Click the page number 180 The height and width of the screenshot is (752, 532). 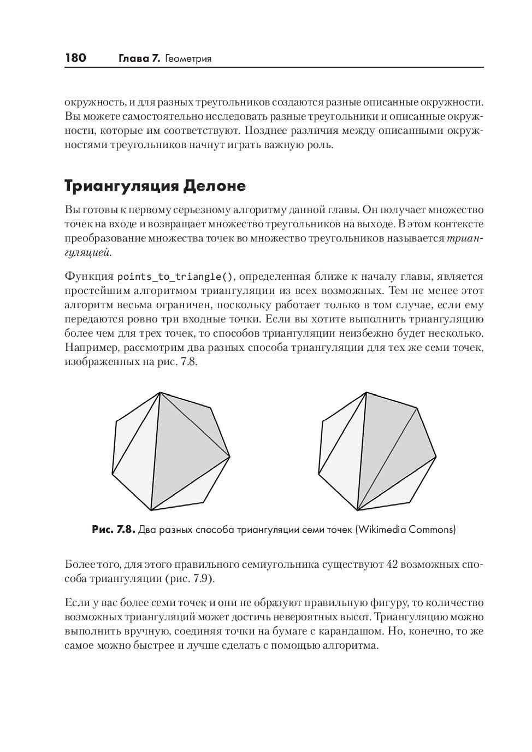pos(75,58)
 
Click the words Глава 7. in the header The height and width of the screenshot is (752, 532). pos(139,58)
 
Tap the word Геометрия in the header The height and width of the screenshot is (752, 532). pos(188,58)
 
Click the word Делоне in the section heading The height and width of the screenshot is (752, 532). pos(214,186)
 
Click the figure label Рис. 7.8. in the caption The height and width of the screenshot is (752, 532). pos(113,529)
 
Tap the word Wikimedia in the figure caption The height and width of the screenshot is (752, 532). pos(382,529)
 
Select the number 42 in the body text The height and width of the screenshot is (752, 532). pos(392,564)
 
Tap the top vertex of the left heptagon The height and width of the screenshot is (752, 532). pos(160,392)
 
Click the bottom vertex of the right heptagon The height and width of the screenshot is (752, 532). pos(357,510)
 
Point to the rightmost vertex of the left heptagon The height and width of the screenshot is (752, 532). pos(230,456)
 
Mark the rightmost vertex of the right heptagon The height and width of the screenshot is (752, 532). pos(436,456)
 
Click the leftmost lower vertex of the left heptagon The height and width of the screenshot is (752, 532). pos(112,474)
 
